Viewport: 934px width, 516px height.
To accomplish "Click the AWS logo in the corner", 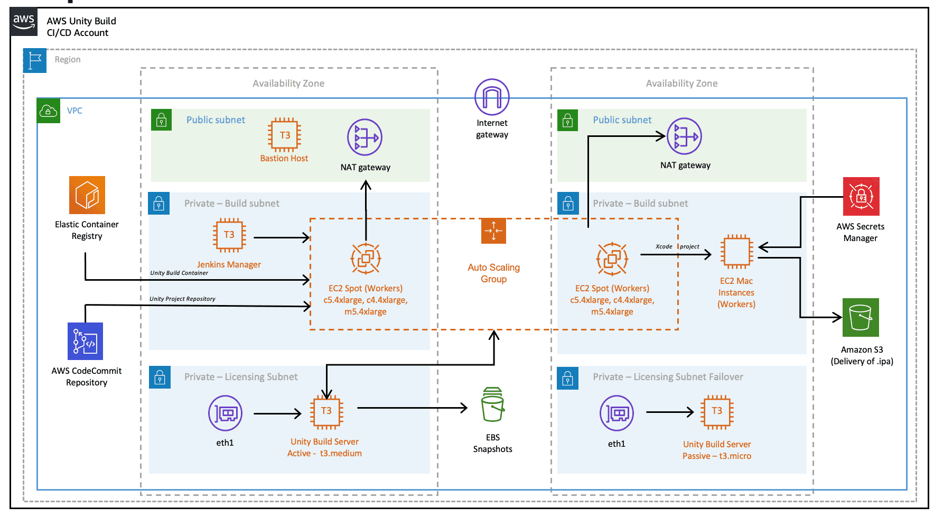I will [24, 22].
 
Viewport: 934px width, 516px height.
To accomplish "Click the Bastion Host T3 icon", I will [285, 135].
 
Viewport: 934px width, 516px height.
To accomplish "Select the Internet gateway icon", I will [492, 97].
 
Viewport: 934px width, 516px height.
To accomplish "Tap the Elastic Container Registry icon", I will [87, 195].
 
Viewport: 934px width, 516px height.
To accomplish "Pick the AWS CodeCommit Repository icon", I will [86, 342].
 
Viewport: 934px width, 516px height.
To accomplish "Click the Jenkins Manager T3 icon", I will [229, 235].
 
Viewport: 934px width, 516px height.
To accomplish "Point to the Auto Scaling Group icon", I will [493, 231].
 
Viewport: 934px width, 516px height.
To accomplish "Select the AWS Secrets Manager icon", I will [861, 196].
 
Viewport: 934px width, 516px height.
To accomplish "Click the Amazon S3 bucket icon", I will [861, 317].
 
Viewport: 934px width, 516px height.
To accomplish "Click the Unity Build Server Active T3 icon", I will [326, 411].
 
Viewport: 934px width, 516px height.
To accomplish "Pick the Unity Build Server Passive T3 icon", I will [717, 411].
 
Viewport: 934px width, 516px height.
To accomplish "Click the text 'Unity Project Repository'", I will [182, 299].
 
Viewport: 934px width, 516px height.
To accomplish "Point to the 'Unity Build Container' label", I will [179, 273].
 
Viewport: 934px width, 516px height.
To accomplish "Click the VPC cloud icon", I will [48, 111].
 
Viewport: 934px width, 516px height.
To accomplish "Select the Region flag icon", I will [35, 60].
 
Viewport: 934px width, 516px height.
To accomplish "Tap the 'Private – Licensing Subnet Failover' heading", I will [668, 377].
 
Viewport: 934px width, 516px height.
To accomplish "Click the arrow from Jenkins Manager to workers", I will [281, 238].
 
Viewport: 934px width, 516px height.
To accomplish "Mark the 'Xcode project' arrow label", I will [677, 246].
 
